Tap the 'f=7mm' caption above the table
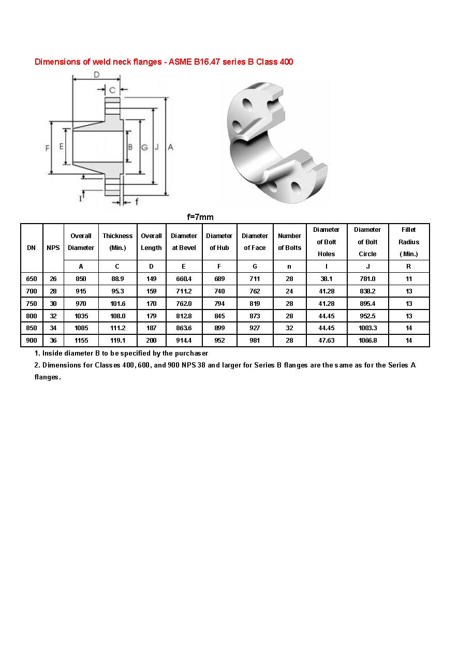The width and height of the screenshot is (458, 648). [200, 217]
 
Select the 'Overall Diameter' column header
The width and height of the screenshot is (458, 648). [81, 242]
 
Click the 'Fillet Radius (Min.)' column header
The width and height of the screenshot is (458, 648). [409, 242]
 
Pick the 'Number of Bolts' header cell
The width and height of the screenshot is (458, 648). [289, 242]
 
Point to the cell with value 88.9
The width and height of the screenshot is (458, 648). [117, 279]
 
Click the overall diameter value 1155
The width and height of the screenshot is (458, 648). [81, 341]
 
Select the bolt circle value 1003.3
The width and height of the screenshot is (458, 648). [367, 328]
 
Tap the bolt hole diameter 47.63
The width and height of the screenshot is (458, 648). [326, 341]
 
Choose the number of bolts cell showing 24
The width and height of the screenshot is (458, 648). [289, 291]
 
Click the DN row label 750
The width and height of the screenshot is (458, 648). [32, 304]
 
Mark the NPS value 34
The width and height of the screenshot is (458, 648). [53, 328]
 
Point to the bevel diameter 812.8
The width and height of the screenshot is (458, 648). [184, 316]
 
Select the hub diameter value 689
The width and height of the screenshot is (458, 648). [219, 279]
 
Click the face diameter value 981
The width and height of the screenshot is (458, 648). [255, 341]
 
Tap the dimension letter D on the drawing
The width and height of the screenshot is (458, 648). [96, 75]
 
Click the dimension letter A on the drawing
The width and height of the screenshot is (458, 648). [170, 148]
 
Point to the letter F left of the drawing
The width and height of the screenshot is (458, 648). [47, 148]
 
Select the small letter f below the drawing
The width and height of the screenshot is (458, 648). [137, 202]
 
